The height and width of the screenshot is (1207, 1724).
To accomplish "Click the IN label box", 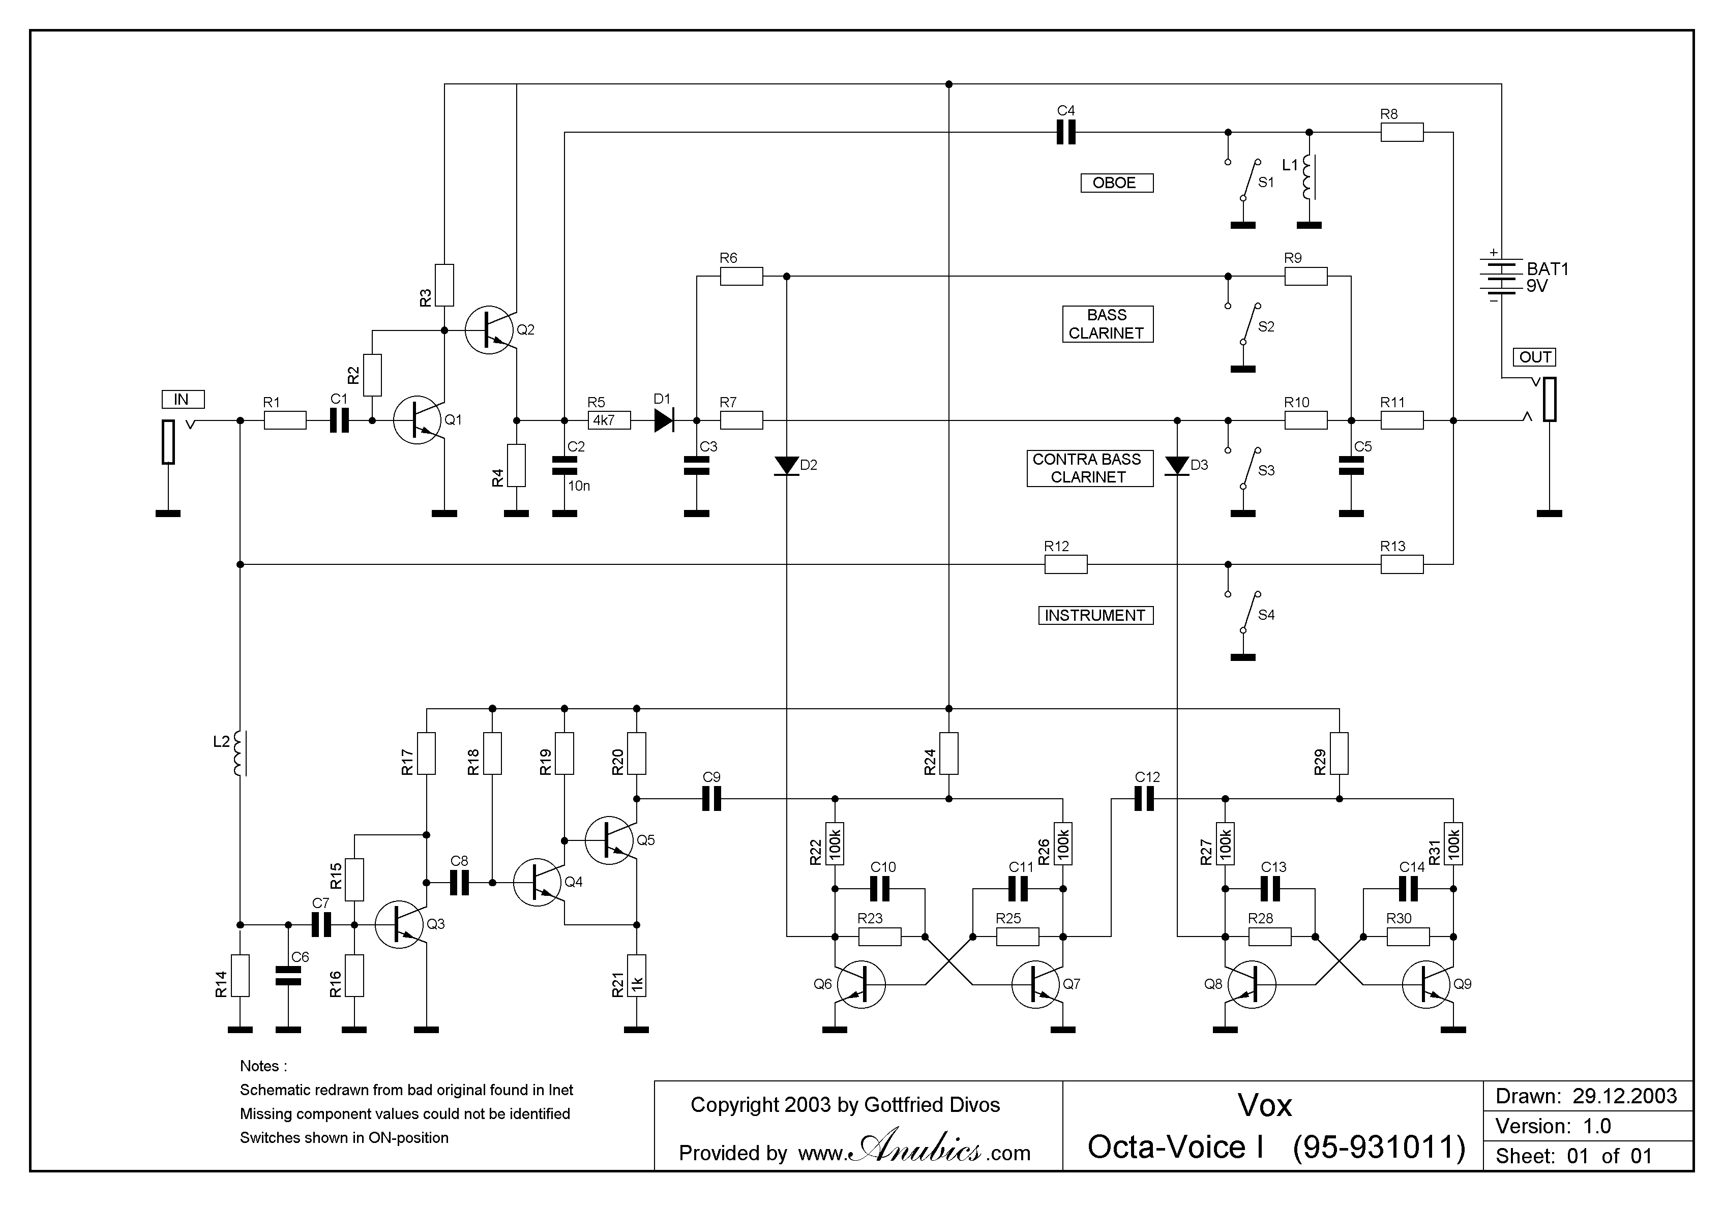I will click(183, 399).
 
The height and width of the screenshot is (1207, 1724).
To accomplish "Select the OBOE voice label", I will click(1116, 183).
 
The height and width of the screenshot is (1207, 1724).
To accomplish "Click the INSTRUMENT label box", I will click(1095, 616).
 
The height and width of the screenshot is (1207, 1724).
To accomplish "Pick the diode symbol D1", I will click(664, 420).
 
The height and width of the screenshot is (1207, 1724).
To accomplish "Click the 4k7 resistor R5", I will click(609, 420).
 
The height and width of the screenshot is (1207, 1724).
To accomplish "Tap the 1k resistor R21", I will click(637, 976).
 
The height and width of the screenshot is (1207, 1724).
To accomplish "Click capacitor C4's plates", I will click(1065, 133).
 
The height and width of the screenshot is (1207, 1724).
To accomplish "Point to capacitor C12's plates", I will click(1144, 799).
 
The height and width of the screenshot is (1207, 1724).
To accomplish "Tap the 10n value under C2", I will click(578, 487).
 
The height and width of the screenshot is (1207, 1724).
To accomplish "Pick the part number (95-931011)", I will click(1379, 1148).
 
